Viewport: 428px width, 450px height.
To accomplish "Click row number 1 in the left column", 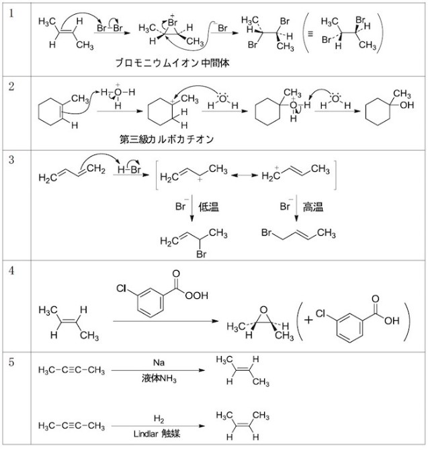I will coord(13,13).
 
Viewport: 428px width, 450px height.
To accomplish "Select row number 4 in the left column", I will coord(13,270).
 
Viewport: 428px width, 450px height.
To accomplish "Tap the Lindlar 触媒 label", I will coord(159,434).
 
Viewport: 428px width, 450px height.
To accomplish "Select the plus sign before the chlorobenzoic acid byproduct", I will coord(308,320).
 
